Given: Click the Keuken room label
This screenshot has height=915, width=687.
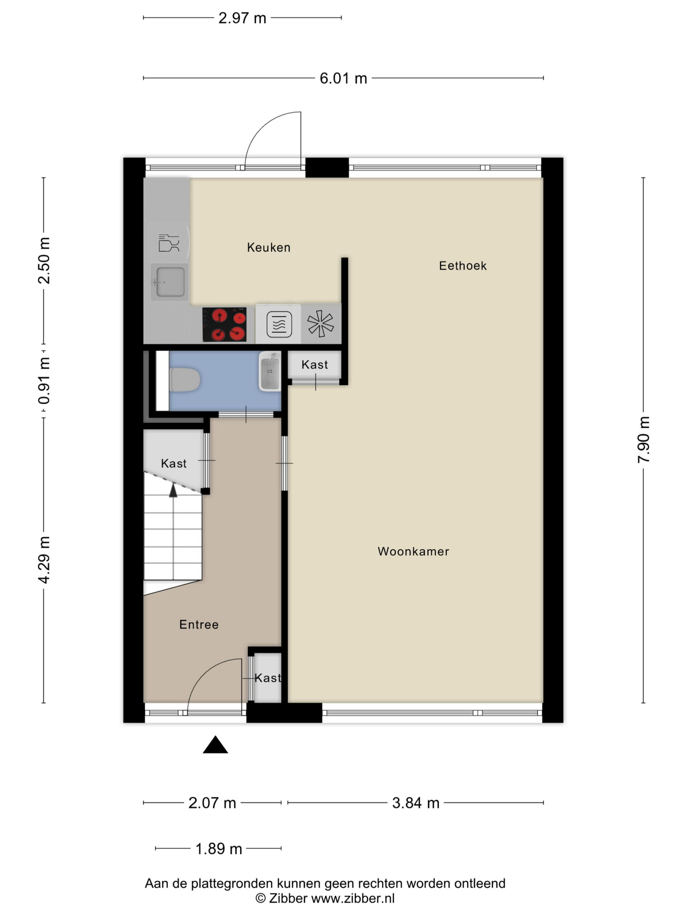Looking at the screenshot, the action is (x=268, y=247).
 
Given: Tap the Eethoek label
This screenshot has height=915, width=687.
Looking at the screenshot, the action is (x=463, y=266).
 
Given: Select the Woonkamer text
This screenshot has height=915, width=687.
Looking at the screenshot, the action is (x=413, y=552).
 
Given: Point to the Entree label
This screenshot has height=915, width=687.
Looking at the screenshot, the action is (x=199, y=625).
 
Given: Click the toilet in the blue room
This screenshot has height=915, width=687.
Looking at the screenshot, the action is (x=185, y=380).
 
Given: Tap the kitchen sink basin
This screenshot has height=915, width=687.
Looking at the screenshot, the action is (x=170, y=282).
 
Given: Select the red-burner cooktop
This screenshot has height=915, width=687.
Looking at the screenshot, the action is (x=224, y=324).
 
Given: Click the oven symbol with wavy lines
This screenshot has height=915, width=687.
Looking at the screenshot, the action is (x=279, y=324).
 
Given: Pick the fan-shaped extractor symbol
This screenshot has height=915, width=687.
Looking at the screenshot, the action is (x=320, y=323).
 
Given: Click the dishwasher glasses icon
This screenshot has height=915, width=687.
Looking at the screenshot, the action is (x=169, y=243).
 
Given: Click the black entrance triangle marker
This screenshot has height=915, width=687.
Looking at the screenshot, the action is (x=215, y=745).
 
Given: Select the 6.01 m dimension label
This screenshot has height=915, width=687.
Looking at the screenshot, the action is (x=343, y=78).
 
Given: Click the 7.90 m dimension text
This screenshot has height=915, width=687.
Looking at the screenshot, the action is (x=644, y=440).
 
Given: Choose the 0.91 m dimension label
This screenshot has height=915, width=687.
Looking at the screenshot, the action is (x=44, y=381).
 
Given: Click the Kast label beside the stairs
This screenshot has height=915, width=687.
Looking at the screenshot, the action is (x=174, y=463).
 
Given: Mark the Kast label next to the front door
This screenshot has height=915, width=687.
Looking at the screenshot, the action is (x=268, y=678).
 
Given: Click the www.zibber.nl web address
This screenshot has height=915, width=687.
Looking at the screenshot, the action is (x=352, y=898).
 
